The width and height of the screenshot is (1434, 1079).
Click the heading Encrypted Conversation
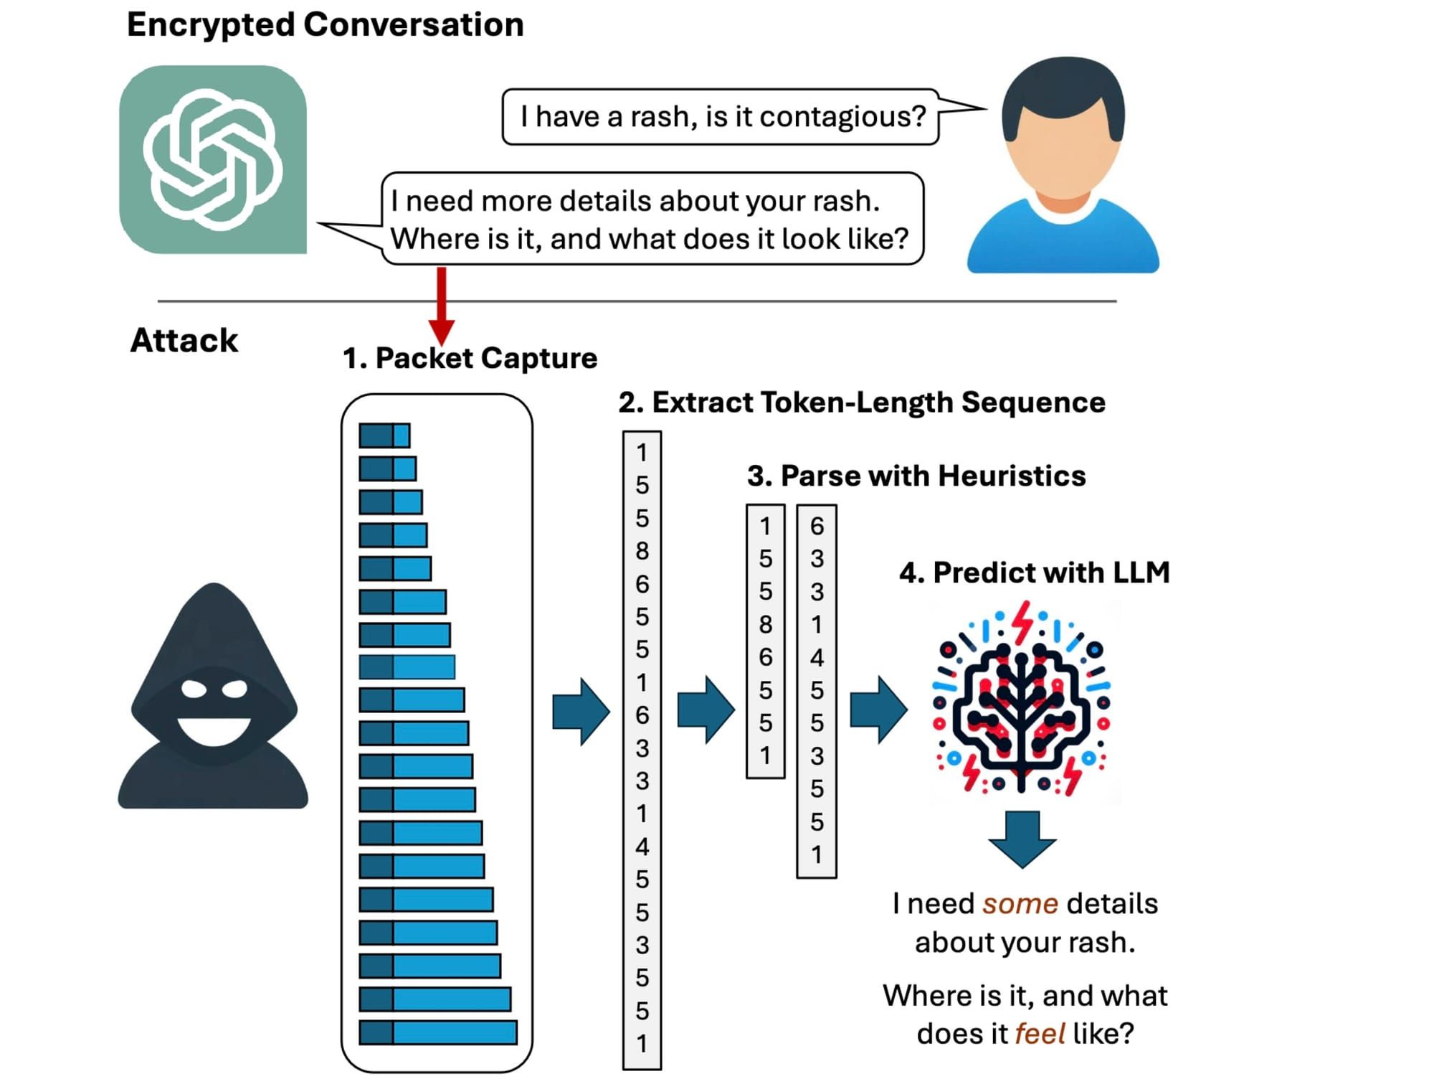pyautogui.click(x=325, y=24)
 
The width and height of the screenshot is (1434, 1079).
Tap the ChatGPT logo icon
pyautogui.click(x=213, y=159)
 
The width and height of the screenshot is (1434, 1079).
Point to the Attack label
pyautogui.click(x=184, y=340)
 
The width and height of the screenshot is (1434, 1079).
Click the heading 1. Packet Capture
pyautogui.click(x=470, y=358)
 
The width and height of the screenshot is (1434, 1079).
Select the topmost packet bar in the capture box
pyautogui.click(x=384, y=435)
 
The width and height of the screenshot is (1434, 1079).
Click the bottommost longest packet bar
pyautogui.click(x=437, y=1032)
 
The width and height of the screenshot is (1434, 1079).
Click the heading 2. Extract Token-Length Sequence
pyautogui.click(x=861, y=402)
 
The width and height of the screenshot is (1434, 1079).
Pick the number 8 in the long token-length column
pyautogui.click(x=642, y=551)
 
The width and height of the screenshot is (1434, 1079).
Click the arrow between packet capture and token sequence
pyautogui.click(x=581, y=711)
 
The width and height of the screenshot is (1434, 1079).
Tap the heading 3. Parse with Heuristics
pyautogui.click(x=916, y=476)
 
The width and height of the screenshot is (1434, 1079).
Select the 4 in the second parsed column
pyautogui.click(x=817, y=657)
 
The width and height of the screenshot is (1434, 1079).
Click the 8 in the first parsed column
pyautogui.click(x=765, y=624)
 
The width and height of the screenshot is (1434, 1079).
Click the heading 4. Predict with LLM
pyautogui.click(x=1034, y=573)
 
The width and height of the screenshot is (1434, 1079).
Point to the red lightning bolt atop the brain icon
pyautogui.click(x=1023, y=621)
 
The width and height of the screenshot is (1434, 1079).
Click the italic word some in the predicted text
pyautogui.click(x=1020, y=904)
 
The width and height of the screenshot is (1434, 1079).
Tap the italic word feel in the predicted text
pyautogui.click(x=1040, y=1034)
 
